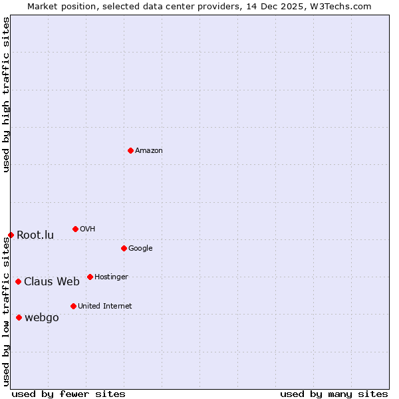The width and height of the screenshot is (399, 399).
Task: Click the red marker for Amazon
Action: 130,150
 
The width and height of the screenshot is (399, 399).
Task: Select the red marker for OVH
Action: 75,229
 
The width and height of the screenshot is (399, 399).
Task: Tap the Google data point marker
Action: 124,248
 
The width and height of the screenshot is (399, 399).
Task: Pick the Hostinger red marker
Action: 90,277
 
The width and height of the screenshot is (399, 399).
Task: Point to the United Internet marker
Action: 73,306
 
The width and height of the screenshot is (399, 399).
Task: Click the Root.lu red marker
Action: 11,235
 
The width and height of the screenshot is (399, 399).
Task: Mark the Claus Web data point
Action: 18,281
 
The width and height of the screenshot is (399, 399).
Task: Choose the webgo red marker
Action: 19,317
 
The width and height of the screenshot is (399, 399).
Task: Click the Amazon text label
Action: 149,151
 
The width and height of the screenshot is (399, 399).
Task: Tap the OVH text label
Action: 87,229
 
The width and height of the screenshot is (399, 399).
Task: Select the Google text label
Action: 140,249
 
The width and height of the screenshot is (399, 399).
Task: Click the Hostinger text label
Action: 111,277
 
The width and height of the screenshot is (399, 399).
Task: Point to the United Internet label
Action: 104,307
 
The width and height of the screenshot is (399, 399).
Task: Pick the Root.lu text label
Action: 35,235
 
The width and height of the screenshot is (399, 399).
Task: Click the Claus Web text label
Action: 52,282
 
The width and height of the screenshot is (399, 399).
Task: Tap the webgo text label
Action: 42,318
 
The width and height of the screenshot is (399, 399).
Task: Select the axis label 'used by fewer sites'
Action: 68,394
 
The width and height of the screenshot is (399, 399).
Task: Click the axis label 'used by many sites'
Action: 334,394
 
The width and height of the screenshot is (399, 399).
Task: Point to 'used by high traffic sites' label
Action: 6,94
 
